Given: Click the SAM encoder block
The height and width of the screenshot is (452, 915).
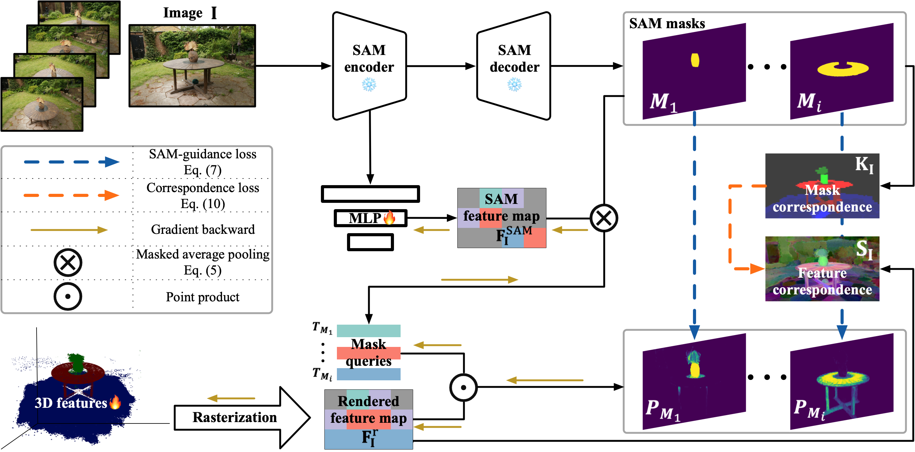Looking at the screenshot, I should (x=369, y=66).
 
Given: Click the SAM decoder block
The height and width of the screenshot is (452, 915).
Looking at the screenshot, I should (x=514, y=66).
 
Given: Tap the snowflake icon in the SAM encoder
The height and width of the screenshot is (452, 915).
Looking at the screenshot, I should (x=369, y=85).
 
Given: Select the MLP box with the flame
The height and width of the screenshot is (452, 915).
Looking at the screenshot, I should (x=370, y=218).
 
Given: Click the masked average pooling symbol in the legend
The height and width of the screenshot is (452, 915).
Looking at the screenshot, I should (x=68, y=263).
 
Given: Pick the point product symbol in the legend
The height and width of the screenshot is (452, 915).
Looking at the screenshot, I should (x=68, y=296).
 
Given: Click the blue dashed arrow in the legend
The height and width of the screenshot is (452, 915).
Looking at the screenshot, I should (x=71, y=162).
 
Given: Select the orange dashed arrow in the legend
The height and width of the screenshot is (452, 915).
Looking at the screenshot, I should (x=71, y=195).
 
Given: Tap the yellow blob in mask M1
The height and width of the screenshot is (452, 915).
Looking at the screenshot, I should (x=695, y=60).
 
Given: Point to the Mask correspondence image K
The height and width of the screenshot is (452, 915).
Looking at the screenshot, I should (x=822, y=186).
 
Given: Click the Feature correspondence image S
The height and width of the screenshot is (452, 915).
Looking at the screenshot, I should (x=822, y=269).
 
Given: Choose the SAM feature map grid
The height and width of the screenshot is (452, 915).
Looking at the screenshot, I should (x=502, y=218).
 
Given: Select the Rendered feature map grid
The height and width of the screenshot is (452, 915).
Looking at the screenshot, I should (x=368, y=419).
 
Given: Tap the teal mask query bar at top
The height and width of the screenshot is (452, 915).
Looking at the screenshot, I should (x=368, y=331).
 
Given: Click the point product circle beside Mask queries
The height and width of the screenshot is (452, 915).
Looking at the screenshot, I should (x=463, y=387).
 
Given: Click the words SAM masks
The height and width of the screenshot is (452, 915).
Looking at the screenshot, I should (x=667, y=23).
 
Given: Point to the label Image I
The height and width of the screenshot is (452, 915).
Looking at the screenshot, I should (x=190, y=13).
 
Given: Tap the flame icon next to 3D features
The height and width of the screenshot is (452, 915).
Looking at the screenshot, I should (x=115, y=402).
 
